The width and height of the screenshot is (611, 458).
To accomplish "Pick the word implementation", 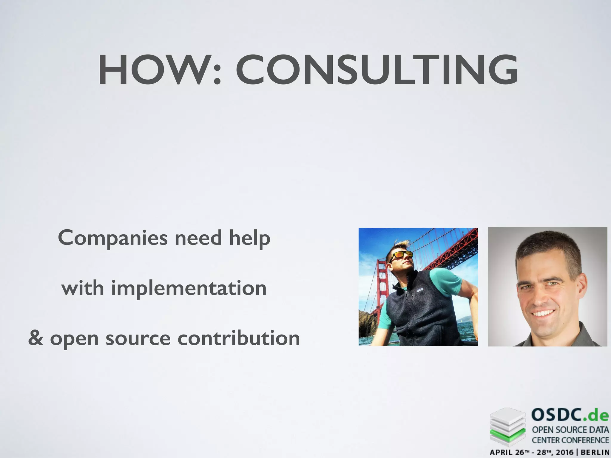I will tap(189, 288).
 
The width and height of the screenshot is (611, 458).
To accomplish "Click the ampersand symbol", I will tap(36, 338).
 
